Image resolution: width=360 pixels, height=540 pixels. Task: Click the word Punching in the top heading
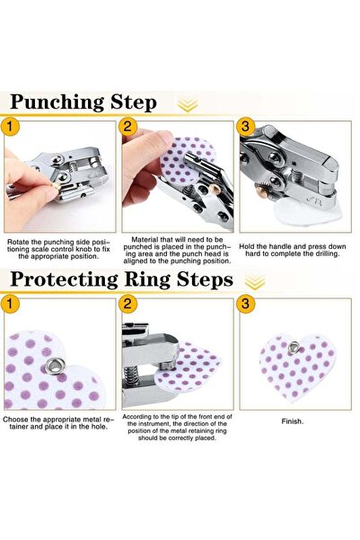coord(48,102)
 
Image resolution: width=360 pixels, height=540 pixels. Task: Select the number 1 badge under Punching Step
coord(13,128)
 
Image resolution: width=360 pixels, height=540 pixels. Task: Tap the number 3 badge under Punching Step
coord(245,128)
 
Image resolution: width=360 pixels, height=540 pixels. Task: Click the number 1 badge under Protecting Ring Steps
coord(13,305)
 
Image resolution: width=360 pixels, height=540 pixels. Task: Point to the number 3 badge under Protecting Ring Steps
coord(245,305)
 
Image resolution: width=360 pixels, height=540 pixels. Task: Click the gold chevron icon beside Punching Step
coord(187,105)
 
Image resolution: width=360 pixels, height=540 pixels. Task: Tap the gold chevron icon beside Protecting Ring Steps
coord(255,281)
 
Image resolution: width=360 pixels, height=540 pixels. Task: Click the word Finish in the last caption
coord(291,420)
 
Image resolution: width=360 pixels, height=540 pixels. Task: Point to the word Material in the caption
coord(146,239)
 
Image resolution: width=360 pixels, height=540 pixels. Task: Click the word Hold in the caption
coord(250,243)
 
